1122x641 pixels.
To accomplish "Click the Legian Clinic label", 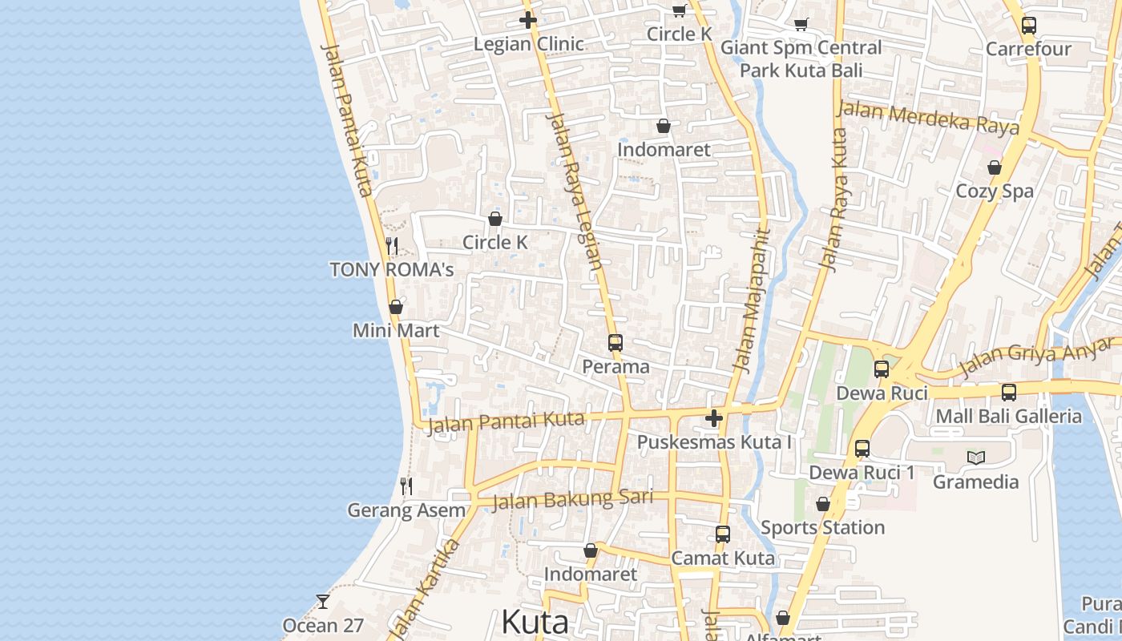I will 528,44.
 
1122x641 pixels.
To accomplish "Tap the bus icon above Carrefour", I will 1029,26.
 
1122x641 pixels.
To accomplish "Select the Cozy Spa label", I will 995,191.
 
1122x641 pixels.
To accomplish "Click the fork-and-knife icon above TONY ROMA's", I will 392,245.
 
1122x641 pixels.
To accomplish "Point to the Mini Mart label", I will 396,330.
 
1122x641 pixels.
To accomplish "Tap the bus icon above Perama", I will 615,343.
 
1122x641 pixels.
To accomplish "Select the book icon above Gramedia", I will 975,458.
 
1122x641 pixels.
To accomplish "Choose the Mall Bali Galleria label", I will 1008,417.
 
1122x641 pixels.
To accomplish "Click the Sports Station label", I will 822,527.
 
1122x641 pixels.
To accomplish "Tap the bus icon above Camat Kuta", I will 722,534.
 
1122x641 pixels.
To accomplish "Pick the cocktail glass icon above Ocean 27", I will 322,601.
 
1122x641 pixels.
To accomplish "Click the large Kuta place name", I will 535,622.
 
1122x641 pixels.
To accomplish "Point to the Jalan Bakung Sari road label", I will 572,500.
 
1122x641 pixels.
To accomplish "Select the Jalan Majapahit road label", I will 751,301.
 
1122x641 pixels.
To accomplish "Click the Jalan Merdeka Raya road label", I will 928,119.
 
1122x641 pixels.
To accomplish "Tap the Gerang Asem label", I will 406,510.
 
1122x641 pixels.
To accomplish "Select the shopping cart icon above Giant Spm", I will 800,25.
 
